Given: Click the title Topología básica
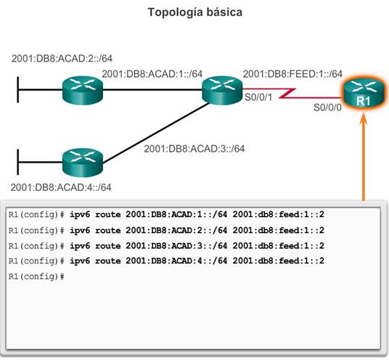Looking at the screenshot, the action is pyautogui.click(x=195, y=12).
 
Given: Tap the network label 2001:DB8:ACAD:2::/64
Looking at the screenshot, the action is pyautogui.click(x=62, y=58).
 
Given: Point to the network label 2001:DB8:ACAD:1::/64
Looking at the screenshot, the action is pyautogui.click(x=152, y=74).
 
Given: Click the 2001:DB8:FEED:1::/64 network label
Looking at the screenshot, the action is pyautogui.click(x=292, y=74).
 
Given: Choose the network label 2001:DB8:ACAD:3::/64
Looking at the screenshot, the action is pyautogui.click(x=194, y=149).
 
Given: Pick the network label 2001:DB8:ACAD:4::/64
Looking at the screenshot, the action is pyautogui.click(x=61, y=187).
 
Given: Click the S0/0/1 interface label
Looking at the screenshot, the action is pyautogui.click(x=258, y=97).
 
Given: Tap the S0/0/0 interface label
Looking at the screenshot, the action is pyautogui.click(x=327, y=107).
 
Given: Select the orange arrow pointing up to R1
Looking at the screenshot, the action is pyautogui.click(x=364, y=157).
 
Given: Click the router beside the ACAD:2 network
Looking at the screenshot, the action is pyautogui.click(x=83, y=90).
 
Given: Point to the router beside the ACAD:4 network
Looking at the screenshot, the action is pyautogui.click(x=83, y=163).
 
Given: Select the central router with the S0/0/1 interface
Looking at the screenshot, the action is pyautogui.click(x=222, y=90).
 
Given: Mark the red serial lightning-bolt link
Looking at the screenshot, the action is pyautogui.click(x=292, y=93).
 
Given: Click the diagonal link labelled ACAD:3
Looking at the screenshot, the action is pyautogui.click(x=156, y=133).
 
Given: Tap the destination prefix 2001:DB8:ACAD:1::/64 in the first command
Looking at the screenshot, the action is pyautogui.click(x=176, y=214).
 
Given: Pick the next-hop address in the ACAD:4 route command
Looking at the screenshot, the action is pyautogui.click(x=279, y=261).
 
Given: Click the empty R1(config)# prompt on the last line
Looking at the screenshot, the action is pyautogui.click(x=36, y=277).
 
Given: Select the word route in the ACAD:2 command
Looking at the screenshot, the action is pyautogui.click(x=108, y=231).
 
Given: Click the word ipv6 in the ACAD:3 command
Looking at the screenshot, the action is pyautogui.click(x=80, y=246).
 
